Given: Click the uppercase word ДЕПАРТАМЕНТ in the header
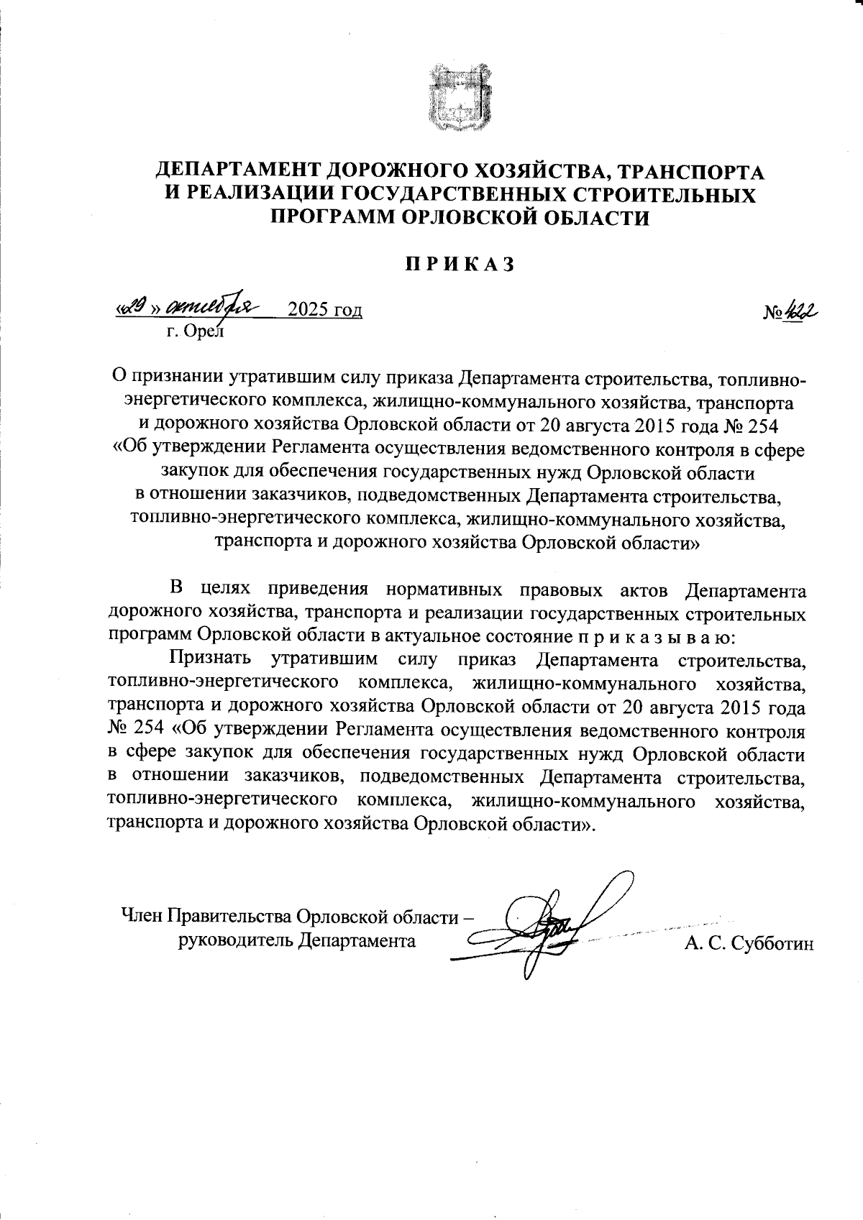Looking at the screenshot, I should (x=238, y=171).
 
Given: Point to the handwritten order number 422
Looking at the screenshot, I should (x=801, y=312).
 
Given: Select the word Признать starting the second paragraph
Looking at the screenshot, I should (x=211, y=658).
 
